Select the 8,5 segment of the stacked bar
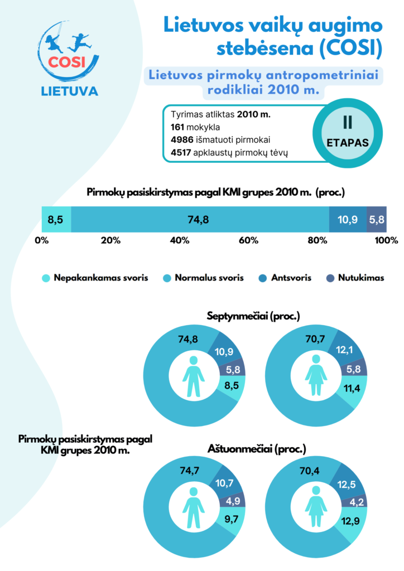[x=55, y=220]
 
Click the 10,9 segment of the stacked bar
[x=348, y=220]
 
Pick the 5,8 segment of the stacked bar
[x=377, y=220]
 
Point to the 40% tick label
[x=180, y=241]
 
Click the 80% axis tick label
[x=317, y=241]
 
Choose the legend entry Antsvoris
[x=290, y=277]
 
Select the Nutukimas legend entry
[x=360, y=277]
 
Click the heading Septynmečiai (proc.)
[x=254, y=316]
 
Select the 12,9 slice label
[x=350, y=522]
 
